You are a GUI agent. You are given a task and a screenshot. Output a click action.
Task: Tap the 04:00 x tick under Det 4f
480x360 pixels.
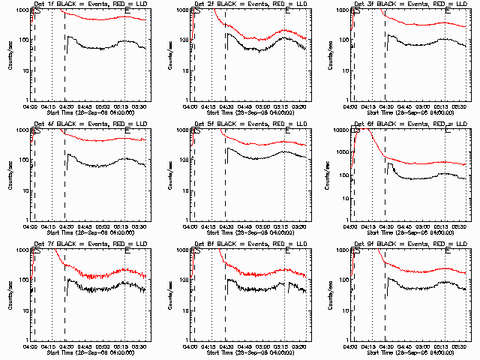click(x=30, y=226)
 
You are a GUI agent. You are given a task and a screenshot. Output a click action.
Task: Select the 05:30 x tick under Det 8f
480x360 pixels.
click(x=301, y=346)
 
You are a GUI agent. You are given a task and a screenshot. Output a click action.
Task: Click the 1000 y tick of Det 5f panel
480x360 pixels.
click(x=181, y=130)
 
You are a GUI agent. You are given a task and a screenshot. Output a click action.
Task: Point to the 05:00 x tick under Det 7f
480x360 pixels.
click(x=103, y=346)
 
